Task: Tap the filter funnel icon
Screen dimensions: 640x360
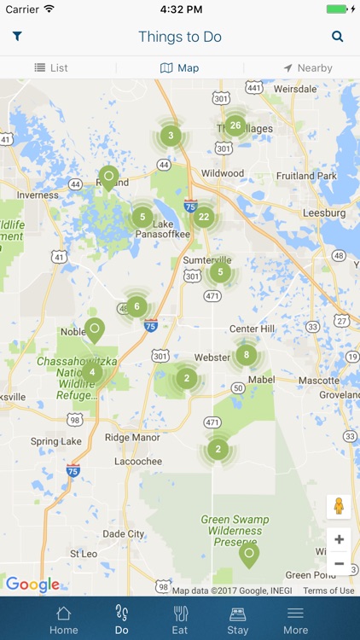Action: [17, 37]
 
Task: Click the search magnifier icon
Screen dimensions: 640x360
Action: [338, 37]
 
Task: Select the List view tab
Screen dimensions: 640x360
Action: [51, 67]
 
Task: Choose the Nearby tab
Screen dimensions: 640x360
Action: [308, 67]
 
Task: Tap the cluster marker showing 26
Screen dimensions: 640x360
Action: [235, 125]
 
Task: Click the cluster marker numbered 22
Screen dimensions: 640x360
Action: [203, 217]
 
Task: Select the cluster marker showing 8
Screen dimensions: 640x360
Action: [247, 355]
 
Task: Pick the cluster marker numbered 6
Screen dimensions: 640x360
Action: [136, 306]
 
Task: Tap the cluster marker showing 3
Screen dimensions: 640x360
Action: [171, 135]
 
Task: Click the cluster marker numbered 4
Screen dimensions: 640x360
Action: [92, 372]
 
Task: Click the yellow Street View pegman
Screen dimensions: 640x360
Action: [339, 506]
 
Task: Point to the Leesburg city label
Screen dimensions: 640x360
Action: [324, 213]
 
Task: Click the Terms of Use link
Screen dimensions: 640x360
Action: [328, 591]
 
